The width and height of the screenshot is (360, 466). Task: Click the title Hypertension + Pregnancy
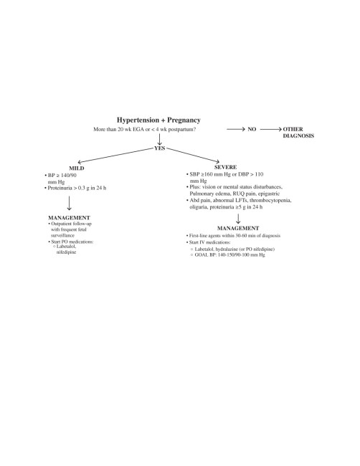158,120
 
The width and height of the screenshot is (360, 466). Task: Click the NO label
252,129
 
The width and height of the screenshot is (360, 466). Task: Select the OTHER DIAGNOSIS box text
298,133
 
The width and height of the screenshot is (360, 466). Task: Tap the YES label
160,148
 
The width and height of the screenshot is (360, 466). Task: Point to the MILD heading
77,168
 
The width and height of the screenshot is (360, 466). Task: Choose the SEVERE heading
225,167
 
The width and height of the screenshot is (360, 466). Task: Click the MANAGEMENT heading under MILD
69,217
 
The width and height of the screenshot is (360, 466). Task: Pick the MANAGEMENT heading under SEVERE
238,228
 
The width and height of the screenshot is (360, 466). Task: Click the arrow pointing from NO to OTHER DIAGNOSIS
271,129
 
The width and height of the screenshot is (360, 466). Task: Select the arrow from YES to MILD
115,156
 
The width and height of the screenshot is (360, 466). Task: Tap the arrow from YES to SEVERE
193,155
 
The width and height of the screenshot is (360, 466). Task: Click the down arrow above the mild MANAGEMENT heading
69,203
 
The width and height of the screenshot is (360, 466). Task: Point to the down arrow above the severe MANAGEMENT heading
238,219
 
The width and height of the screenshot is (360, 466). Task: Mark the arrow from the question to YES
160,139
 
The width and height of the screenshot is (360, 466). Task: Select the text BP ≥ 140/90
62,176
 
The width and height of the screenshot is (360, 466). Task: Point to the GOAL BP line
229,255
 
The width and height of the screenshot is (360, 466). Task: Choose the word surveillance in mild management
62,235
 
